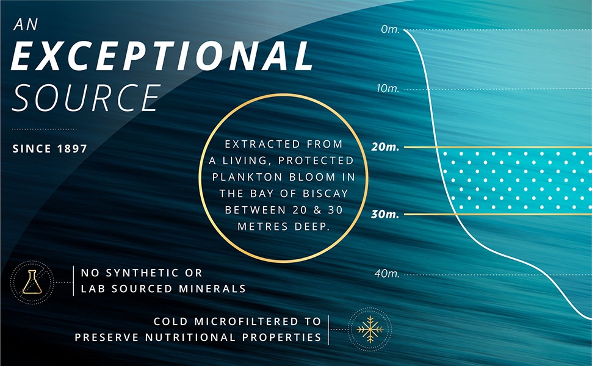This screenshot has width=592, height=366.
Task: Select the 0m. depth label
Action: [390, 29]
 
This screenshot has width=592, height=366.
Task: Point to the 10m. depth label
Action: [388, 88]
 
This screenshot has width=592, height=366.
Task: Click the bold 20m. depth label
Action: [385, 147]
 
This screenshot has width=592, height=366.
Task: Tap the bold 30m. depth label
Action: [385, 214]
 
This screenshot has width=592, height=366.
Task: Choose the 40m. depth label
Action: [387, 273]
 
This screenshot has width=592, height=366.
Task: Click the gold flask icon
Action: [32, 282]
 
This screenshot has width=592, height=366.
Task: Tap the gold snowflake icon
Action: [370, 329]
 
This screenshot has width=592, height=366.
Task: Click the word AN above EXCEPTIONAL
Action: [26, 24]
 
